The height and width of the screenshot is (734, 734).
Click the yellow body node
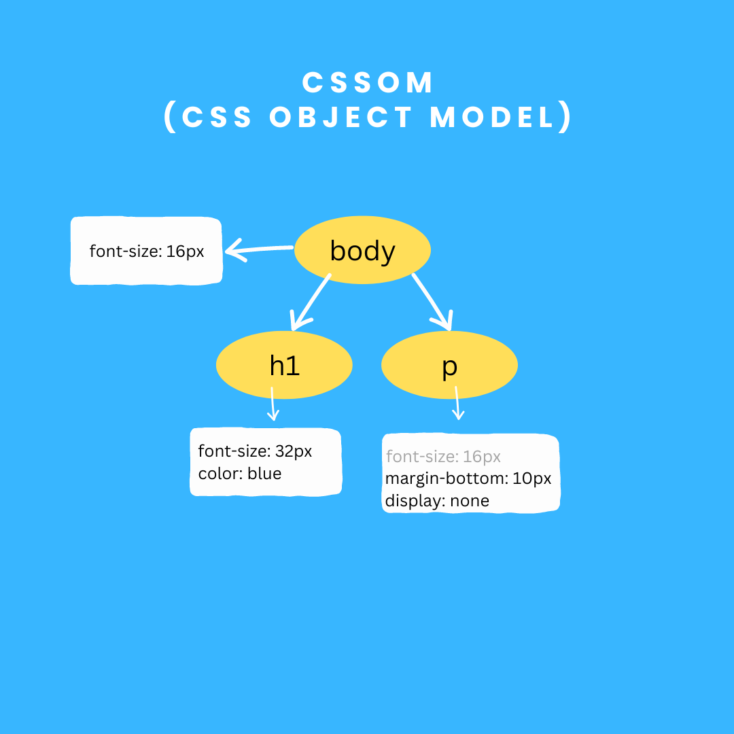(x=362, y=251)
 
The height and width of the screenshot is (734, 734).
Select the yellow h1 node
(x=284, y=366)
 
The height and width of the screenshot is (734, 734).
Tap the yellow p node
(x=449, y=366)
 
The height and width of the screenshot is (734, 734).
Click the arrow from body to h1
(x=311, y=302)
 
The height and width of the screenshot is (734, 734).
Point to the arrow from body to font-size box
(x=260, y=249)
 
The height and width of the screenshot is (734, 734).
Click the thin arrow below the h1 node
(x=273, y=405)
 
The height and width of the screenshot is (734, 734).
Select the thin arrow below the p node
(x=458, y=404)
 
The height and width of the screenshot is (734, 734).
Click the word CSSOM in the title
(x=368, y=83)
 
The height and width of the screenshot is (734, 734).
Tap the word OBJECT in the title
(x=341, y=118)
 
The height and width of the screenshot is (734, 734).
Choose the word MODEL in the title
(x=493, y=118)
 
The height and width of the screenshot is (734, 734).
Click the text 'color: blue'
(x=239, y=474)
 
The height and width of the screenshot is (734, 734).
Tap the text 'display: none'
(x=437, y=502)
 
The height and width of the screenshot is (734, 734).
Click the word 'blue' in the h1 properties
(x=264, y=474)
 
